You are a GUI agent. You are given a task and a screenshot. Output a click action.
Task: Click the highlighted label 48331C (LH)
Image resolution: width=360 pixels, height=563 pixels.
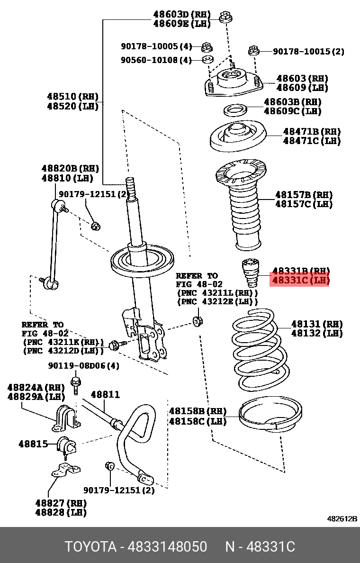[300, 281]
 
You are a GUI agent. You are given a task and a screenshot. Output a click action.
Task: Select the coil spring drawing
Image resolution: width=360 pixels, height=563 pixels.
[260, 349]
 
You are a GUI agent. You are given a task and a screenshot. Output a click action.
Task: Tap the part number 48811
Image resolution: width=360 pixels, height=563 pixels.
[105, 395]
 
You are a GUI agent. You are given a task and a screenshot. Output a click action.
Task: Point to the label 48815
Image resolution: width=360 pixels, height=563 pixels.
[33, 444]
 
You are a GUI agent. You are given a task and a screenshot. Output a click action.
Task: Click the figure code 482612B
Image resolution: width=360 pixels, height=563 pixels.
[342, 518]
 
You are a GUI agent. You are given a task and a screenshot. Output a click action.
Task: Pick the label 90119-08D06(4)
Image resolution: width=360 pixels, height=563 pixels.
[84, 365]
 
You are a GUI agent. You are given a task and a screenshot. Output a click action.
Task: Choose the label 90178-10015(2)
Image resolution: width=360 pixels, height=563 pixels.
[308, 51]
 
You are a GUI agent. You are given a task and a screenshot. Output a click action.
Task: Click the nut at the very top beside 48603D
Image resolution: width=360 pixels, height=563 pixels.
[226, 18]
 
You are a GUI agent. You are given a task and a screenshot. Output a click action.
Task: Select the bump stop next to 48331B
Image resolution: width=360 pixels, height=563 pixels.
[251, 273]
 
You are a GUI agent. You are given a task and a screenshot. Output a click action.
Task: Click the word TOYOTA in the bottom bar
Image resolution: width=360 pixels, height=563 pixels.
[90, 547]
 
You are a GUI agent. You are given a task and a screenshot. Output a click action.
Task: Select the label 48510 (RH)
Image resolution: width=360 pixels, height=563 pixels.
[72, 96]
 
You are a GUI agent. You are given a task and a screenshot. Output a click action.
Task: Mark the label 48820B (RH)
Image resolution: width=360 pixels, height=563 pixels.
[70, 168]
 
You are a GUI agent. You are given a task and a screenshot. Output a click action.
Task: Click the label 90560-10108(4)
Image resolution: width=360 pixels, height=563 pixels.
[156, 60]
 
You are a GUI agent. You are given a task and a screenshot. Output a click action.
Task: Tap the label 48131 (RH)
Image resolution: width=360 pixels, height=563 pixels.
[316, 324]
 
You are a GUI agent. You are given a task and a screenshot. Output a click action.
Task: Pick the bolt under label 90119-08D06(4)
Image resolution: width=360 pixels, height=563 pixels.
[75, 385]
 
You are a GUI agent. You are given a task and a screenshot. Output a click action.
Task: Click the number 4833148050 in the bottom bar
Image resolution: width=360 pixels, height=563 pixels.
[170, 547]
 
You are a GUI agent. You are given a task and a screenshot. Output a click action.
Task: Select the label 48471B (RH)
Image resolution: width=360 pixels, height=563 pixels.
[312, 131]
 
